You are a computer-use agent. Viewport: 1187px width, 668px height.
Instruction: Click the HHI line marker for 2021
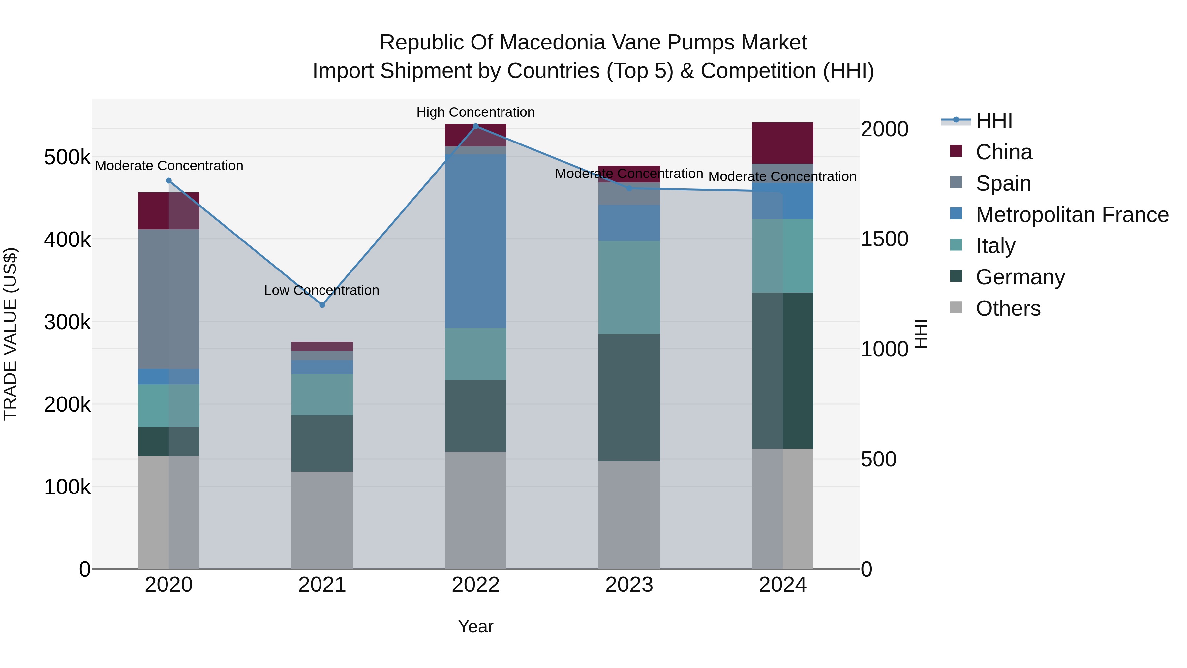[x=322, y=305]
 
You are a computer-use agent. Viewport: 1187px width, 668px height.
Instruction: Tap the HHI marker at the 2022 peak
[x=475, y=126]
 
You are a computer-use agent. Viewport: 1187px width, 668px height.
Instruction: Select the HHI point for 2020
[x=168, y=181]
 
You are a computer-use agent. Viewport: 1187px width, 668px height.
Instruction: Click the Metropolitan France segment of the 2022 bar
[x=475, y=241]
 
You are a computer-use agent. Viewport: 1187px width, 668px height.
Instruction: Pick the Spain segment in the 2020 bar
[x=168, y=299]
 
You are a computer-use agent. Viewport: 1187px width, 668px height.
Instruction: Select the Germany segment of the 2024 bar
[x=782, y=370]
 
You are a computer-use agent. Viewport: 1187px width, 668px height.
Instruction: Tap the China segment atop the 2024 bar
[x=782, y=143]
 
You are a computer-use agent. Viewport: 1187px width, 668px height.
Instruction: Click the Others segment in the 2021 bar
[x=322, y=520]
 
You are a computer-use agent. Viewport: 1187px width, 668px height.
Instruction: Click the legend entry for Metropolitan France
[x=1072, y=215]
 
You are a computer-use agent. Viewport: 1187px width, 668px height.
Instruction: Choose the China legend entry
[x=1004, y=152]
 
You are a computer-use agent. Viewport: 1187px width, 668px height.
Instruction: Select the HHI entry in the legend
[x=994, y=121]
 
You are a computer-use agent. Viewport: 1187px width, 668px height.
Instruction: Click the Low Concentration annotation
[x=321, y=290]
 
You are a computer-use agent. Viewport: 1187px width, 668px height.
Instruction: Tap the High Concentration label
[x=475, y=112]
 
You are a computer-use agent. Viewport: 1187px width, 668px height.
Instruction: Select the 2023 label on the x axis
[x=629, y=585]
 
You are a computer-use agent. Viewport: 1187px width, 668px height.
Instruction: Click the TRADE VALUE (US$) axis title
[x=10, y=334]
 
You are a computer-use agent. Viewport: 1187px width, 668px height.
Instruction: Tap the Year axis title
[x=475, y=626]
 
